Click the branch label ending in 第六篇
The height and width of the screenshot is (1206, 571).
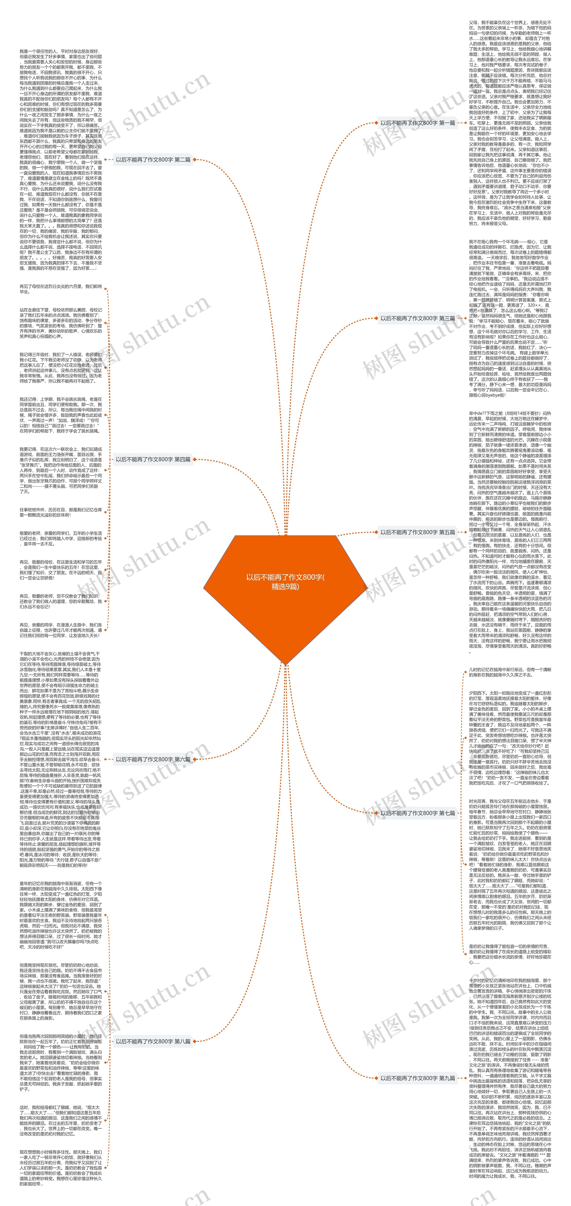point(153,759)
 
